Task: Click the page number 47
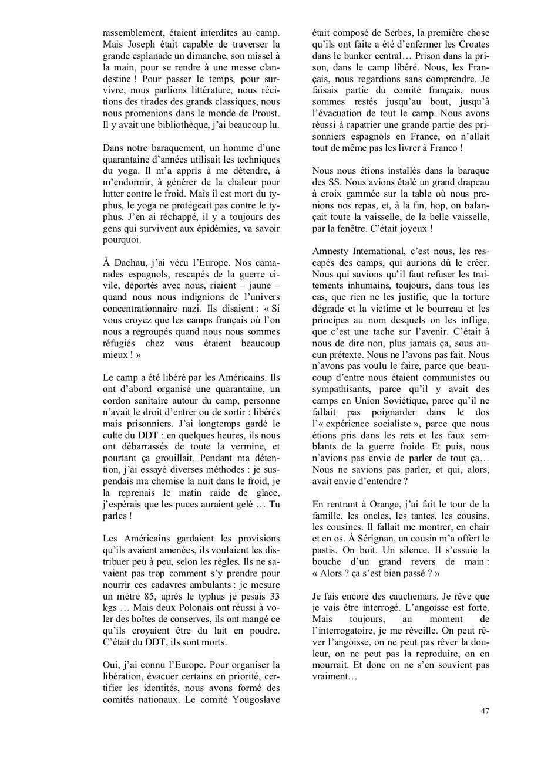tap(485, 712)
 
